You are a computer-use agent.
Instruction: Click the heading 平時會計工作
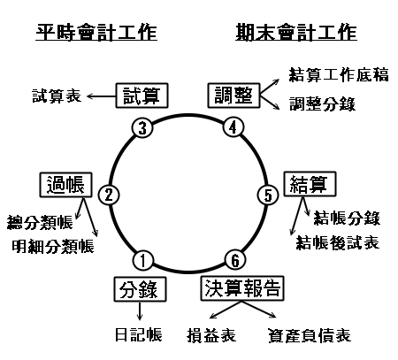tap(96, 32)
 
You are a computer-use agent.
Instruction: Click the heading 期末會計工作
tap(296, 32)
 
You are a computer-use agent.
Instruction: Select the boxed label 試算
tap(142, 96)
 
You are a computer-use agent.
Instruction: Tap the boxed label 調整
tap(233, 96)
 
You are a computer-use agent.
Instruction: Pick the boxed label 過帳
tap(65, 185)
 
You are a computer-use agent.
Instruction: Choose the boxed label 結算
tap(310, 184)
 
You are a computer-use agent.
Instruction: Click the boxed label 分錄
tap(140, 289)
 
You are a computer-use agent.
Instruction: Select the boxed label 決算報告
tap(242, 288)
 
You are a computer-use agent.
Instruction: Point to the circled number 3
tap(142, 128)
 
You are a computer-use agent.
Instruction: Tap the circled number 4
tap(233, 127)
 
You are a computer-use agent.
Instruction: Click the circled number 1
tap(143, 261)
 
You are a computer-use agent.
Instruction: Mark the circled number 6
tap(235, 260)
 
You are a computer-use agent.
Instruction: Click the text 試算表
tap(57, 96)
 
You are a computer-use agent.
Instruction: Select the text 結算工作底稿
tap(339, 74)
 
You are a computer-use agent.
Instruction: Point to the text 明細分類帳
tap(53, 246)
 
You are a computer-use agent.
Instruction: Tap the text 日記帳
tap(139, 334)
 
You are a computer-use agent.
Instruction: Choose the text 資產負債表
tap(310, 335)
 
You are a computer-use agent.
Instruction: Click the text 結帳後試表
tap(338, 242)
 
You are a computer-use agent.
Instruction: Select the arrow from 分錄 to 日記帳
tap(140, 311)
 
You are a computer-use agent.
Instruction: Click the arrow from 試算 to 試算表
tap(101, 96)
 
